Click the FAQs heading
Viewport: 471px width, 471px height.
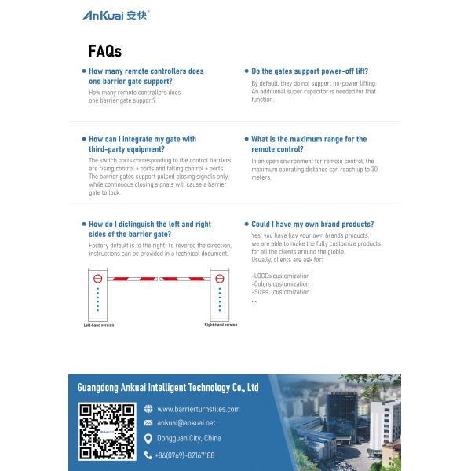pyautogui.click(x=104, y=52)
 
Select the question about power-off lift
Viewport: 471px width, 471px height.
pyautogui.click(x=309, y=71)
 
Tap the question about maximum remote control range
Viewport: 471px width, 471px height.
pyautogui.click(x=309, y=144)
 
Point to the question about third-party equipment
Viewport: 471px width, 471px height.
pyautogui.click(x=142, y=144)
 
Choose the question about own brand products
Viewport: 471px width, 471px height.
pyautogui.click(x=312, y=224)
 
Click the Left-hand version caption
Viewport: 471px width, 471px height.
pyautogui.click(x=99, y=324)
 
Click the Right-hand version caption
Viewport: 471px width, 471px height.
pyautogui.click(x=221, y=324)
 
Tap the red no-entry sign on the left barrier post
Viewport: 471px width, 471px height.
pyautogui.click(x=98, y=278)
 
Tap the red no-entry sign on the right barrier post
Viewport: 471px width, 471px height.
pyautogui.click(x=219, y=278)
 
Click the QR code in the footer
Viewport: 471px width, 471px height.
pyautogui.click(x=107, y=431)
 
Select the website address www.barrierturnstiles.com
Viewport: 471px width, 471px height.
pyautogui.click(x=198, y=409)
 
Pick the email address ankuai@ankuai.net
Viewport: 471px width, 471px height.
pyautogui.click(x=185, y=423)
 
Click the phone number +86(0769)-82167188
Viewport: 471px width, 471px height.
pyautogui.click(x=184, y=455)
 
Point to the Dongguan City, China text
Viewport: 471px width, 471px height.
pyautogui.click(x=188, y=439)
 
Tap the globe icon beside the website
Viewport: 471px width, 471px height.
pyautogui.click(x=148, y=409)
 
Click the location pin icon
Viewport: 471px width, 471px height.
pyautogui.click(x=148, y=439)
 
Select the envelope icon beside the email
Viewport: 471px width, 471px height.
pyautogui.click(x=148, y=423)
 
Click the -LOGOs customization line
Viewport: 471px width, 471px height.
pyautogui.click(x=280, y=276)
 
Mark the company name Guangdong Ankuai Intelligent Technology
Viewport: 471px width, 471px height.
pyautogui.click(x=167, y=388)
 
